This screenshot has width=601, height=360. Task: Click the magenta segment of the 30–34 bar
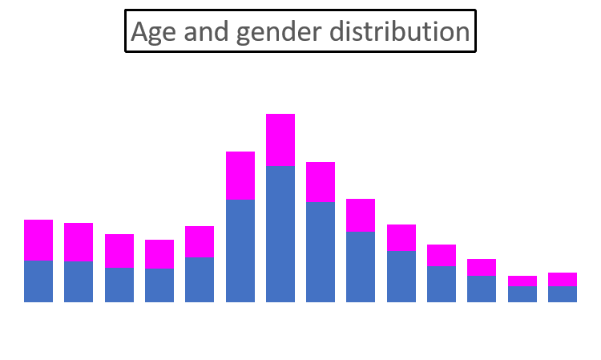pos(280,140)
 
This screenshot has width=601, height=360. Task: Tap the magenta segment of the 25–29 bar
pos(240,176)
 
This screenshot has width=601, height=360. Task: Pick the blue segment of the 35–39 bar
pos(321,252)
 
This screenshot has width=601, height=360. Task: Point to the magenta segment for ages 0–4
pos(38,241)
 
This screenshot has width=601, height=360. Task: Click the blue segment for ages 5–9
pos(79,281)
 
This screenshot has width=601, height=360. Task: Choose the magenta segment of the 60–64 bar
pos(522,281)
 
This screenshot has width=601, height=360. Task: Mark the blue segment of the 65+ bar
pos(563,294)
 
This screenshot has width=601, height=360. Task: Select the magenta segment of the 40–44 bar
pos(361,216)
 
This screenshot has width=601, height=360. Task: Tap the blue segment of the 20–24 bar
pos(200,280)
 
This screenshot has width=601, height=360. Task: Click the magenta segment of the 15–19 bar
pos(159,255)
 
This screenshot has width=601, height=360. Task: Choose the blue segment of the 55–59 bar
pos(482,289)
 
